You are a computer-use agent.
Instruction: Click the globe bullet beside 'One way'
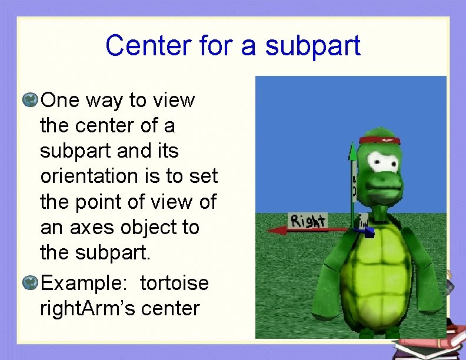click(31, 100)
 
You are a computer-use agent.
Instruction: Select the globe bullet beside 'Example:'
click(31, 283)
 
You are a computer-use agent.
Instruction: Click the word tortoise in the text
click(174, 283)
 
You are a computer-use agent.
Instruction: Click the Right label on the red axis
click(308, 221)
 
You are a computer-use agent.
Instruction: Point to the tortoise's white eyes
click(387, 162)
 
